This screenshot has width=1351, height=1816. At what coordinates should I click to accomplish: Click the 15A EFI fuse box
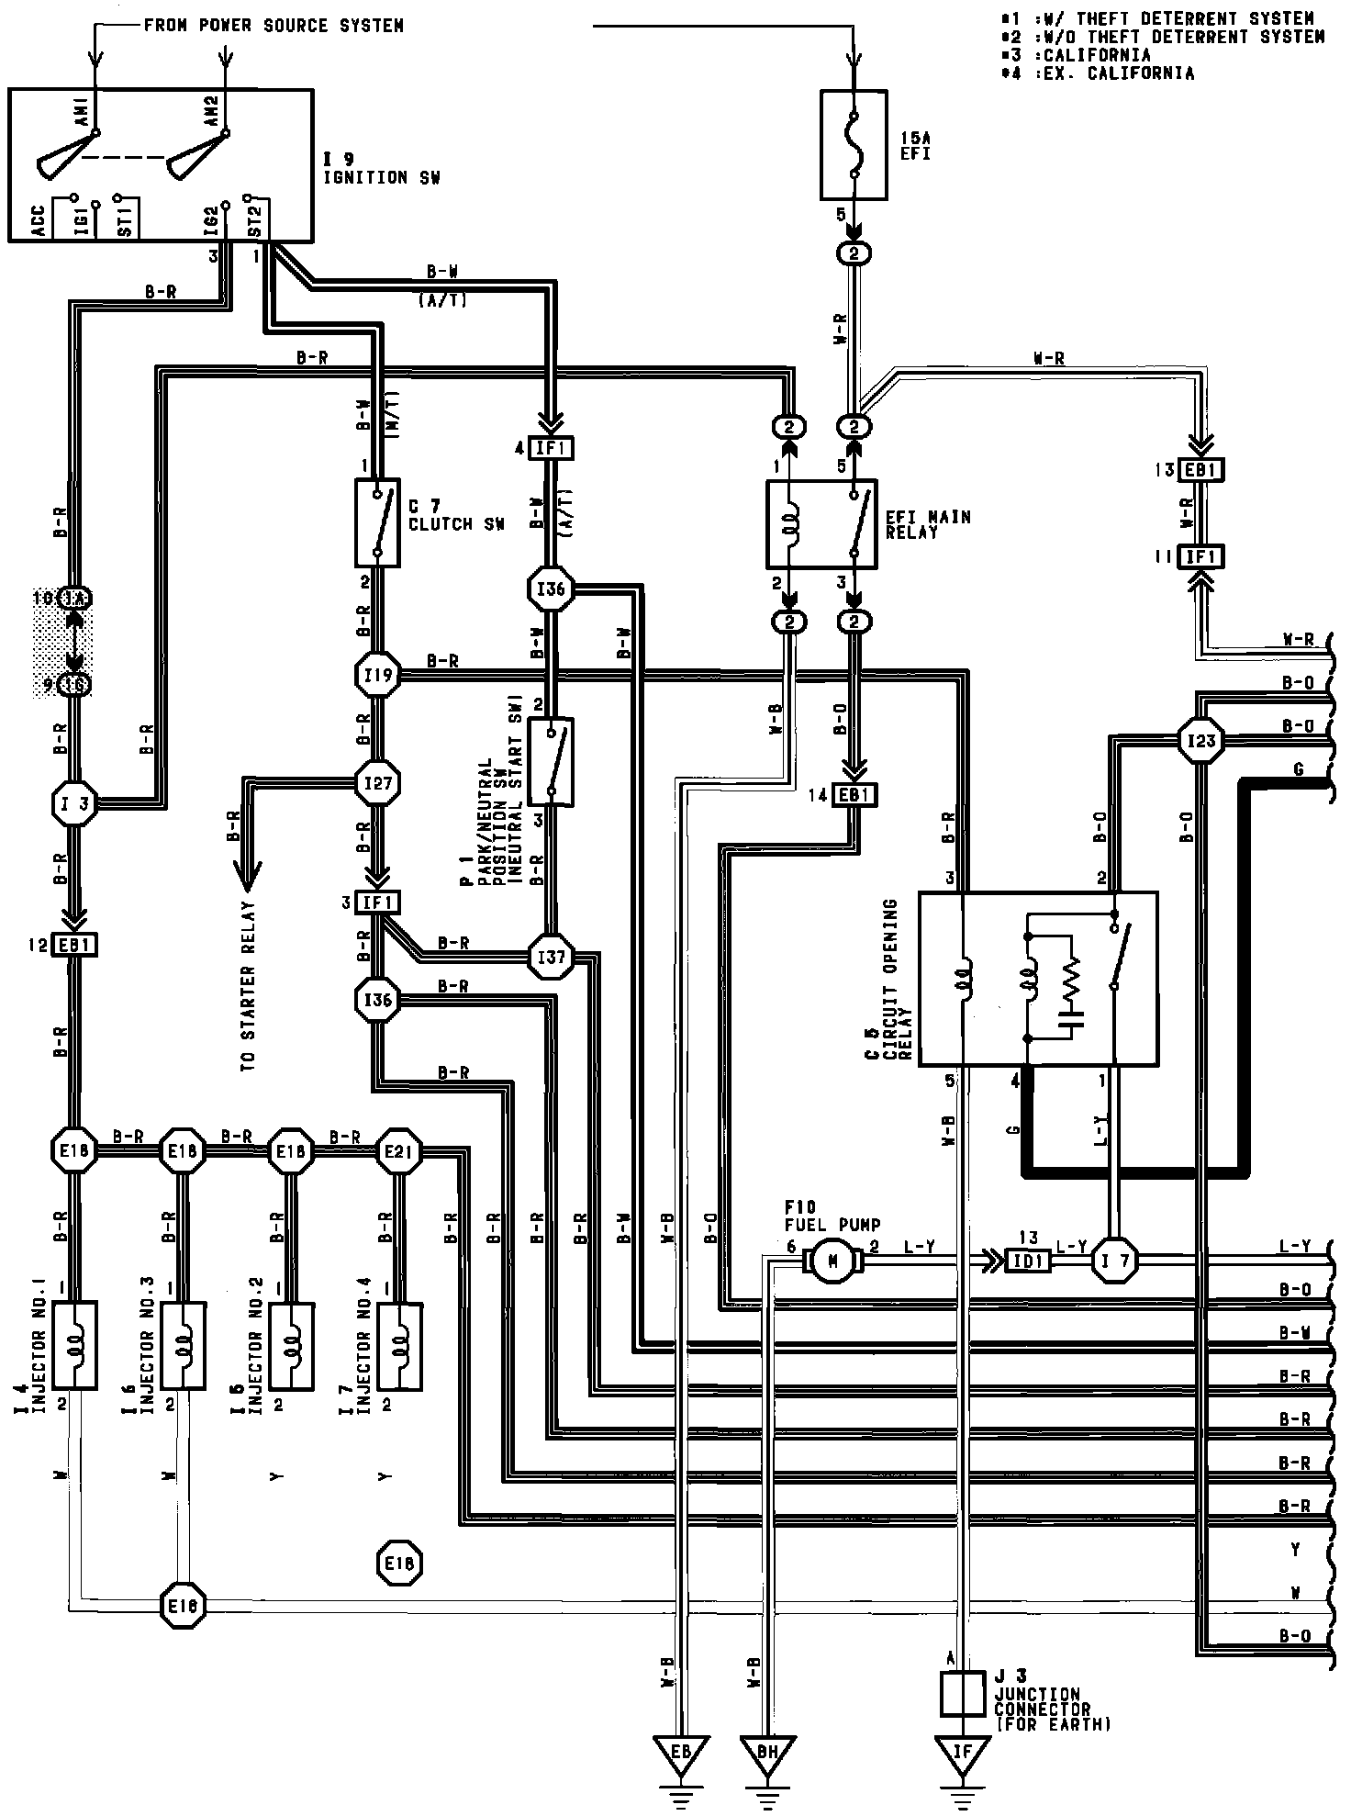pos(853,144)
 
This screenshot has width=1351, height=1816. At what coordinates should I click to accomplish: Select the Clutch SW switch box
pos(377,522)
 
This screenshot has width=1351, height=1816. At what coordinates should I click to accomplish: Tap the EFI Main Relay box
pos(821,523)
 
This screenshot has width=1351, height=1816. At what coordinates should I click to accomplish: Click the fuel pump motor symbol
pos(832,1261)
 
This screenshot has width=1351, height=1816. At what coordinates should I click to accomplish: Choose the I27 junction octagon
pos(377,783)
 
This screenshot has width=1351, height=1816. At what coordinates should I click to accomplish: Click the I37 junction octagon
pos(551,958)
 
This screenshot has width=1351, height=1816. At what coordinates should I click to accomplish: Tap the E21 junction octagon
pos(399,1151)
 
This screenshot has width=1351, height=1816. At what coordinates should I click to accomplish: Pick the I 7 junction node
pos(1114,1261)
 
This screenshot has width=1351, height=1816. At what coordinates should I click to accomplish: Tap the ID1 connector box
pos(1028,1261)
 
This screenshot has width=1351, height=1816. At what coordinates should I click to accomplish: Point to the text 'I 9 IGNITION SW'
pos(380,169)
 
